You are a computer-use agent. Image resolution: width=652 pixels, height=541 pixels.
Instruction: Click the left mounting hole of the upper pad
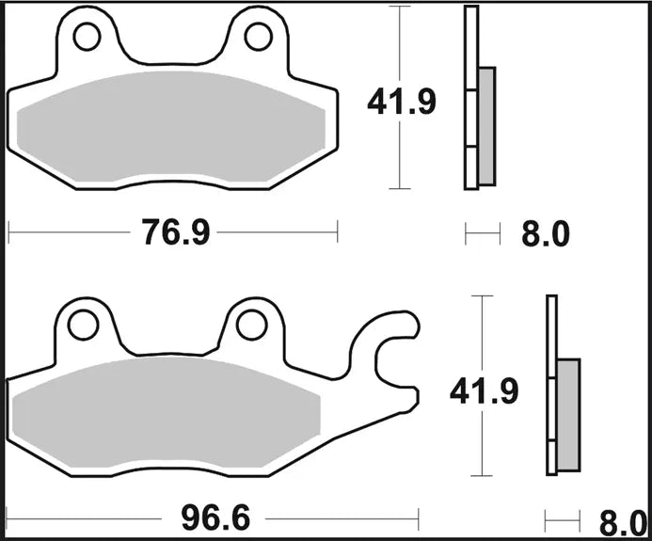(x=87, y=37)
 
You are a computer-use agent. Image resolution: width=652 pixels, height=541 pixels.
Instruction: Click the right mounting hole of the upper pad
(x=258, y=37)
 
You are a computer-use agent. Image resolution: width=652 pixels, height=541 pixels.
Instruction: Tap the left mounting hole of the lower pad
(x=82, y=325)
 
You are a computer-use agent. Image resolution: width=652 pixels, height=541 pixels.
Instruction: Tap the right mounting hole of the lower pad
(x=251, y=325)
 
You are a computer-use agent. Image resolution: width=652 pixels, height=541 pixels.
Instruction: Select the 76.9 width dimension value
(x=175, y=232)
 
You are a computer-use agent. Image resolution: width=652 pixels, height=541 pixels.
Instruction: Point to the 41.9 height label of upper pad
(x=401, y=102)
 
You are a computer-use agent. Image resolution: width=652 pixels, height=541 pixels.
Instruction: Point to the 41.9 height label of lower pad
(x=484, y=390)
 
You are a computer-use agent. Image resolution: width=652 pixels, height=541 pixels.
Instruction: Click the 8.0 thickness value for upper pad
(x=546, y=233)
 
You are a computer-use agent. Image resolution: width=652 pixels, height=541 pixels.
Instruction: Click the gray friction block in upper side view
(x=486, y=125)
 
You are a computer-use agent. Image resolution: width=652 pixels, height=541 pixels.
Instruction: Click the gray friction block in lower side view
(x=568, y=414)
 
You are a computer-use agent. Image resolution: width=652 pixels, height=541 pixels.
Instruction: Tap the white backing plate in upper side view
(x=471, y=94)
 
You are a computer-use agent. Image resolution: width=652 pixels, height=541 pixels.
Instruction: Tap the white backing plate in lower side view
(x=552, y=386)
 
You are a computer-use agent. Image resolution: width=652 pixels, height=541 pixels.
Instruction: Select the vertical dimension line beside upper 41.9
(x=402, y=151)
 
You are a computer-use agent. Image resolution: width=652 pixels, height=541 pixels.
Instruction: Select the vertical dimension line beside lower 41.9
(x=483, y=442)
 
